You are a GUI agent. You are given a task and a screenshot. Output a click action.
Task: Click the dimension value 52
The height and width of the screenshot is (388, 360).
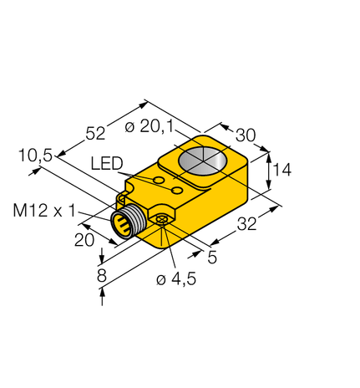point(97,132)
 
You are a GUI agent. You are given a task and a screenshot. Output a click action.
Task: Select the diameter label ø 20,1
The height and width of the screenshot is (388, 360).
point(149,128)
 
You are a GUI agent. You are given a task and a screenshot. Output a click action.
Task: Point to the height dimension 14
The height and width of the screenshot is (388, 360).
point(281,170)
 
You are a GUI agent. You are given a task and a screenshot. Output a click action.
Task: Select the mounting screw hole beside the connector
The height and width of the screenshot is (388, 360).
point(161,220)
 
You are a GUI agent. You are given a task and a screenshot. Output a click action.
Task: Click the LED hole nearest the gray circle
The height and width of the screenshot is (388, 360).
point(178,191)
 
